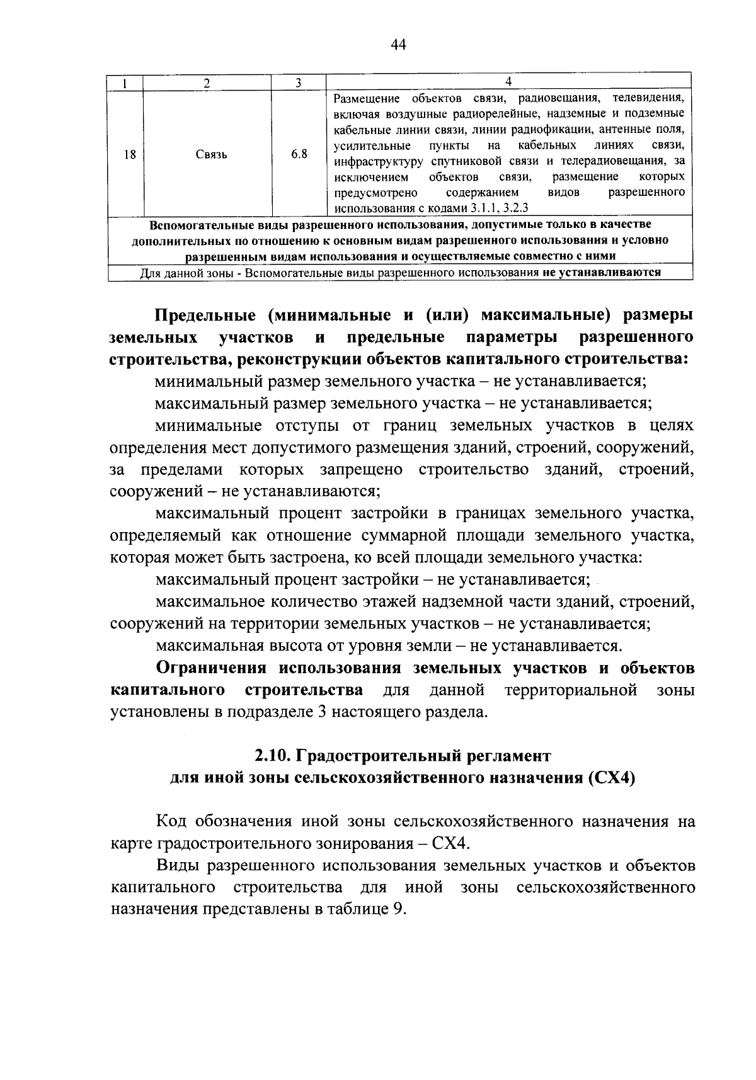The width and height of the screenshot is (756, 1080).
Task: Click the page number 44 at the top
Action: click(398, 44)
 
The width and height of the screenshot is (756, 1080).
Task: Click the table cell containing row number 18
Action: click(130, 154)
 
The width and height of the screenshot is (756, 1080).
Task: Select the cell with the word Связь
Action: click(212, 154)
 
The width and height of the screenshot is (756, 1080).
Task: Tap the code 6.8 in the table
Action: click(299, 154)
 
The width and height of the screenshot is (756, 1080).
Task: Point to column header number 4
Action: click(508, 81)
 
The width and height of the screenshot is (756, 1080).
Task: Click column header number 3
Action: click(299, 82)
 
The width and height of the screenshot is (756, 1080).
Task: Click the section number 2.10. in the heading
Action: click(272, 756)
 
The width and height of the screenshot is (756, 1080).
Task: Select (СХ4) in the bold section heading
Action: click(610, 778)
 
